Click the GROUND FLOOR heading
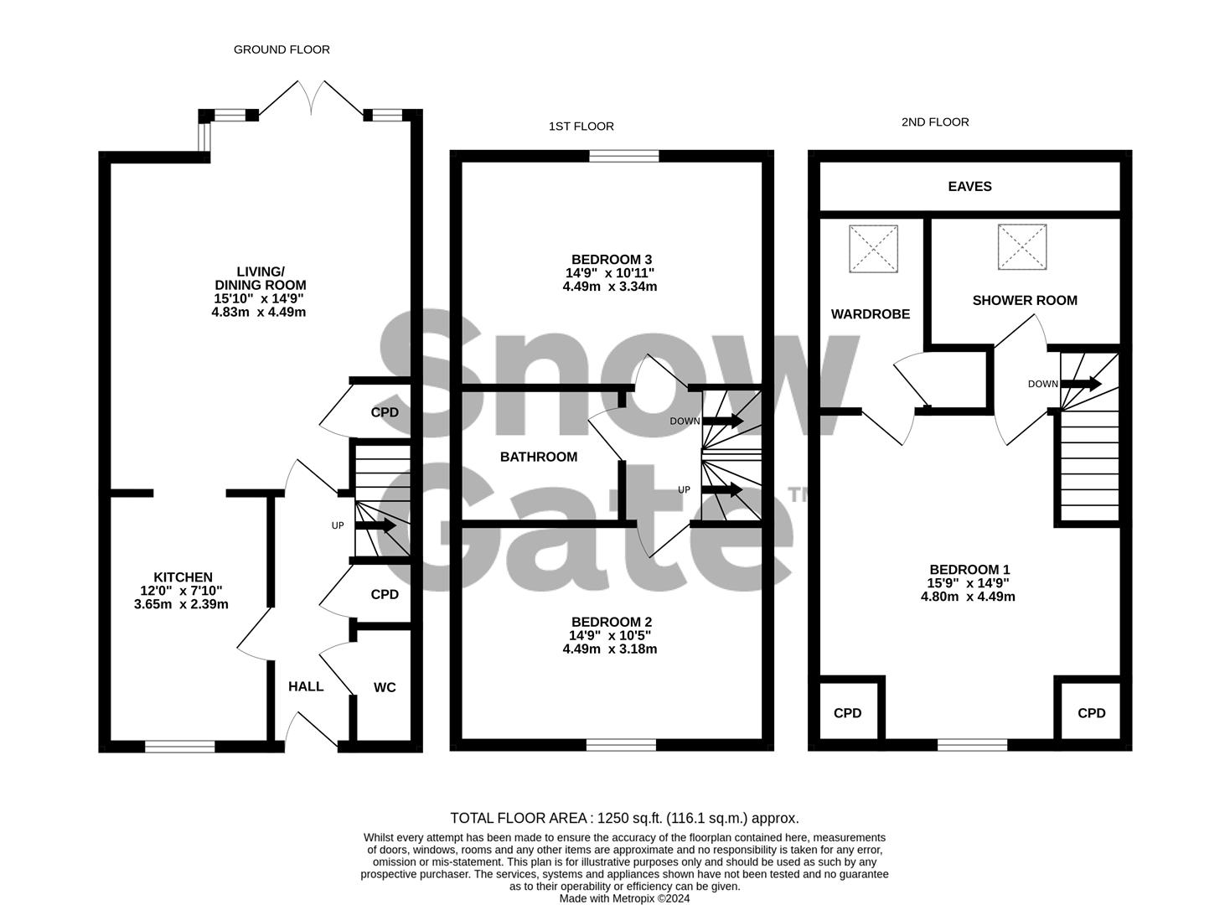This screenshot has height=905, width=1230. tap(282, 49)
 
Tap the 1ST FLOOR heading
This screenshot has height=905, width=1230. tap(581, 127)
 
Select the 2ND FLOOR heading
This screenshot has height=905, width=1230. tap(935, 122)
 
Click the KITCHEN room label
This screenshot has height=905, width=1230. tap(183, 577)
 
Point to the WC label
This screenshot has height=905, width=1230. tap(385, 688)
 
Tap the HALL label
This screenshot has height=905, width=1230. tap(306, 687)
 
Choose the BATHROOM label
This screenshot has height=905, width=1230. tap(539, 458)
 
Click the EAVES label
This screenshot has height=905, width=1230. tap(969, 187)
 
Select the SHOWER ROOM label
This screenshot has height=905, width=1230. tap(1025, 301)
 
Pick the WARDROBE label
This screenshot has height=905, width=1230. tap(871, 314)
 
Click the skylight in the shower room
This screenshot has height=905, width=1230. tap(1022, 247)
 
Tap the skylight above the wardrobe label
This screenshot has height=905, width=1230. tap(873, 249)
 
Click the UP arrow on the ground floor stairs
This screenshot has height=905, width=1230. tap(376, 526)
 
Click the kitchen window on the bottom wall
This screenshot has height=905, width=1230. tap(180, 746)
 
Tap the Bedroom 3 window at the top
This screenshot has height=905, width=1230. tap(624, 156)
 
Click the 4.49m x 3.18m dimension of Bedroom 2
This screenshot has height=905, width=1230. tap(610, 649)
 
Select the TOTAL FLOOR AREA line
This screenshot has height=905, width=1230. tap(624, 819)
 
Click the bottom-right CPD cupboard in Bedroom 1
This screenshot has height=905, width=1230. tap(1091, 713)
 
